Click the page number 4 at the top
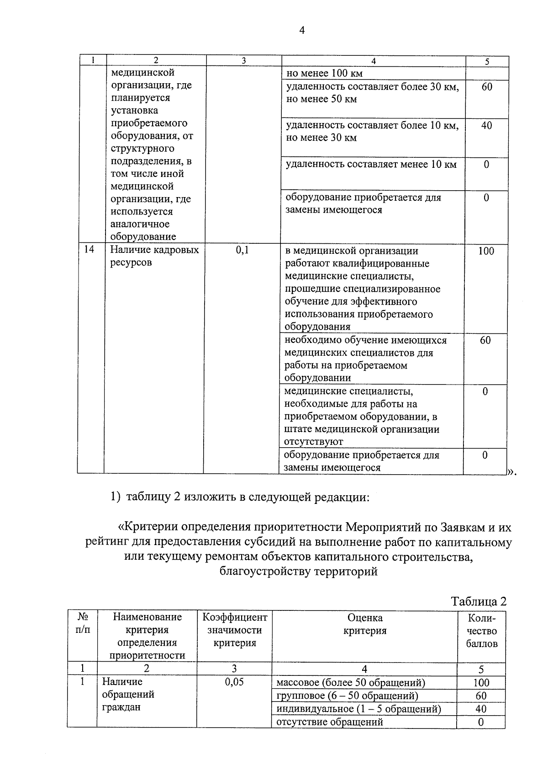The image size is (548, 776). (x=301, y=31)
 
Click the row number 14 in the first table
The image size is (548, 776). (x=89, y=250)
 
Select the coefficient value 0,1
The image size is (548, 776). (x=242, y=250)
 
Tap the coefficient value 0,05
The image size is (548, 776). (x=234, y=682)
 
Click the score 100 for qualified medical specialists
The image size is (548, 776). (x=486, y=251)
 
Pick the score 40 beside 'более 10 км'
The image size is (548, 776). (x=486, y=125)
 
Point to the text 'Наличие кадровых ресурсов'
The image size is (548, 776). (x=154, y=256)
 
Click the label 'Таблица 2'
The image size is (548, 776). (x=479, y=601)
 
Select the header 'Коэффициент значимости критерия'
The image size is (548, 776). (x=235, y=630)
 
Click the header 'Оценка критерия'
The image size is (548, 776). (x=364, y=624)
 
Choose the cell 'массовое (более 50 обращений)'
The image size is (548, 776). (x=351, y=683)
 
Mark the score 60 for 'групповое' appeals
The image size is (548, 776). (x=481, y=696)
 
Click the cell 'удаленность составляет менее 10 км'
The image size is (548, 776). (x=371, y=165)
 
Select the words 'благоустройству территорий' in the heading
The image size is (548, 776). (x=299, y=571)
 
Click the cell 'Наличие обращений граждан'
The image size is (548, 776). (x=128, y=694)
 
